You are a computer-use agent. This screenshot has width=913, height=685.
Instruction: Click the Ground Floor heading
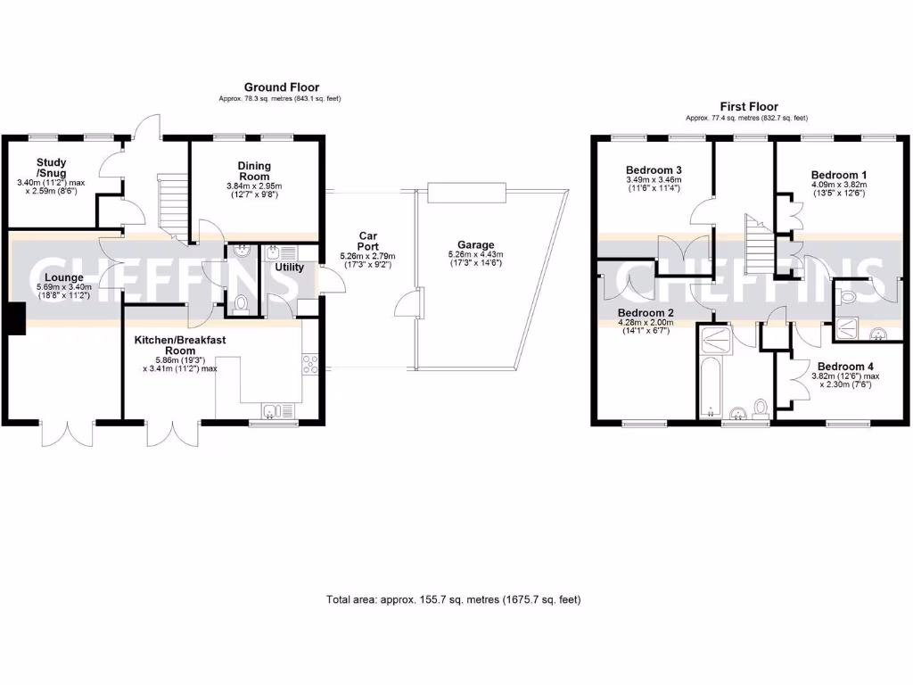[281, 87]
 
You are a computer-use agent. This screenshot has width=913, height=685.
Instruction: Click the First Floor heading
[749, 105]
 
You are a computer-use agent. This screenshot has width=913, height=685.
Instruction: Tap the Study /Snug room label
[52, 168]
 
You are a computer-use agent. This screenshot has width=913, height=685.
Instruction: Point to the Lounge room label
[61, 277]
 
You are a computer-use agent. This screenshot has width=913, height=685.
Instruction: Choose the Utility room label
[289, 267]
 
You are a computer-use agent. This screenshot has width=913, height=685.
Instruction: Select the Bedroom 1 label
[839, 175]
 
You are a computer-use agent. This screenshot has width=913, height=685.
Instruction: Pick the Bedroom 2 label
[647, 313]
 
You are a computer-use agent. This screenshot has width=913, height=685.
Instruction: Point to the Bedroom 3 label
[654, 170]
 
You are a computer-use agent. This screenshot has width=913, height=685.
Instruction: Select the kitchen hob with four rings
[311, 366]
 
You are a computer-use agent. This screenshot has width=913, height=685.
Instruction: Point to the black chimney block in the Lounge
[15, 318]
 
